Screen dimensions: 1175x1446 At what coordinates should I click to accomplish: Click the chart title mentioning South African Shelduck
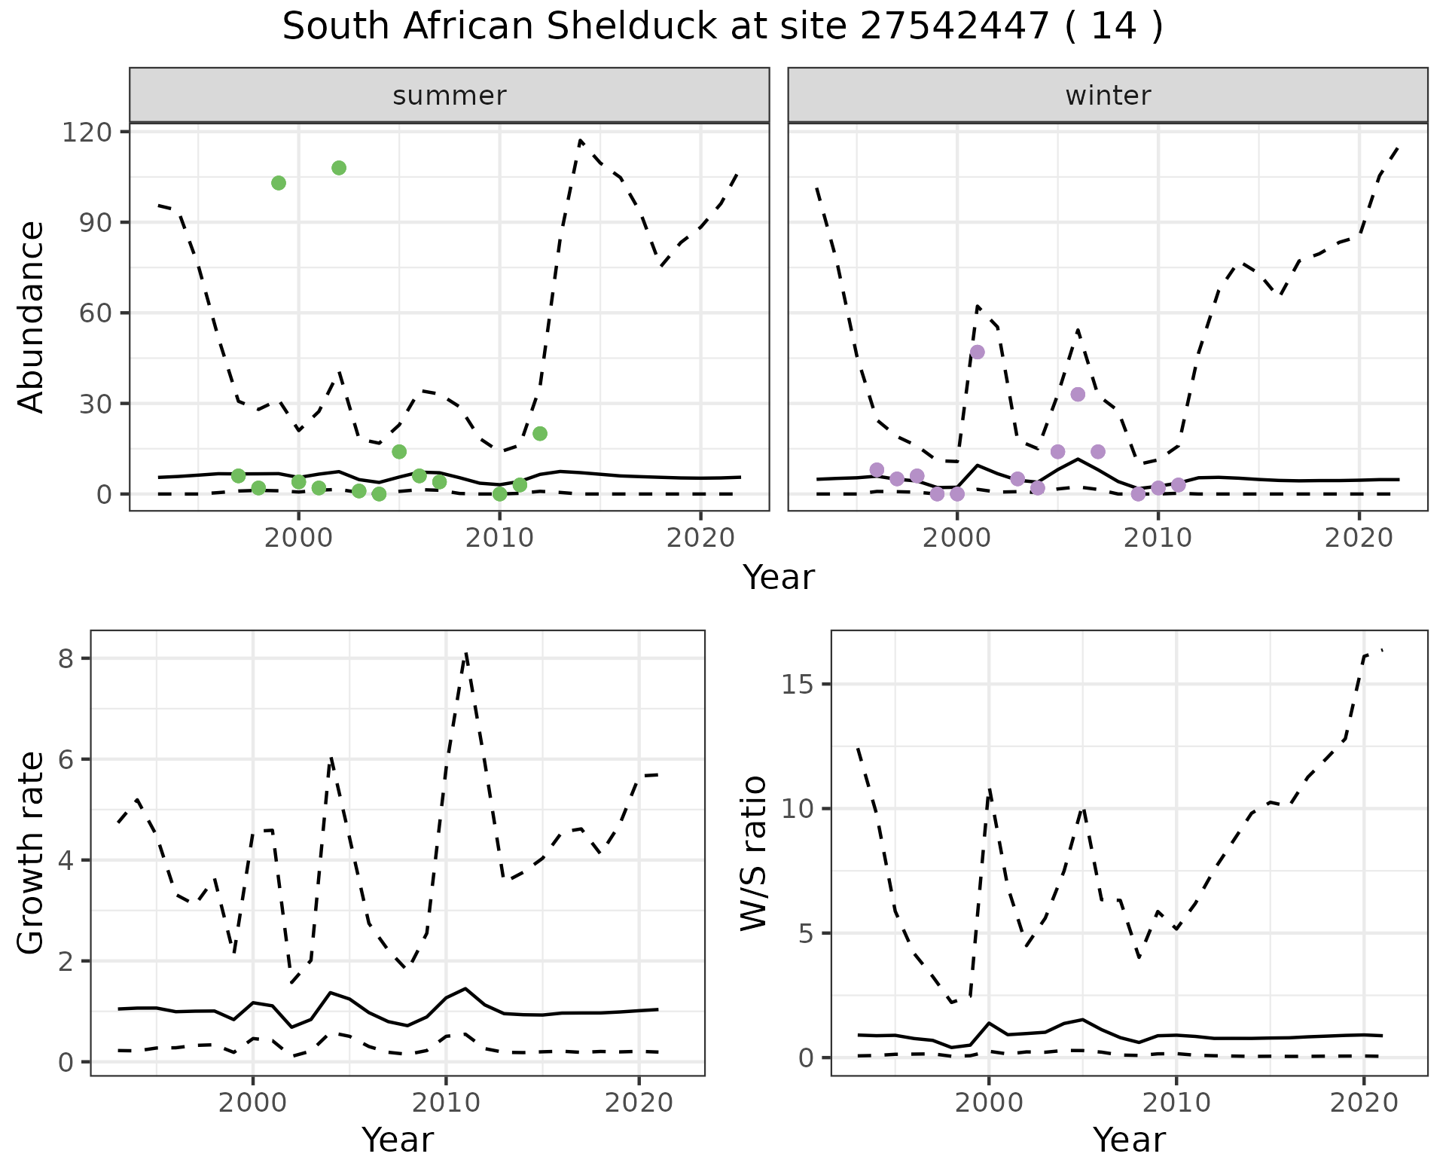[722, 28]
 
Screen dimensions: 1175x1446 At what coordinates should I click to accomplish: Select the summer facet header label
[450, 96]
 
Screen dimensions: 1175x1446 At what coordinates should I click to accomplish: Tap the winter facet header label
[1108, 96]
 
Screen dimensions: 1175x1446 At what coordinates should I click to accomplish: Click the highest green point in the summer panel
[339, 168]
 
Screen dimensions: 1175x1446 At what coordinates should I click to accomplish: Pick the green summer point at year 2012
[540, 434]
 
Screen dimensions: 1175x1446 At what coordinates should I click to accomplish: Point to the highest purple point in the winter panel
[978, 352]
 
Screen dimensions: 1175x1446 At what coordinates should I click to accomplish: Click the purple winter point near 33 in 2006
[1078, 395]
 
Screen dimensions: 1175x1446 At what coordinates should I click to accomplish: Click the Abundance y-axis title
[32, 316]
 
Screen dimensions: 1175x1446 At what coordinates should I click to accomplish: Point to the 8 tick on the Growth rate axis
[66, 659]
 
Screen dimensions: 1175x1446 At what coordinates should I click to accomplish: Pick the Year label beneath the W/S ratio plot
[1129, 1140]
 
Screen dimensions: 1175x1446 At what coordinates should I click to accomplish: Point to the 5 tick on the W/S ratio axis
[807, 934]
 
